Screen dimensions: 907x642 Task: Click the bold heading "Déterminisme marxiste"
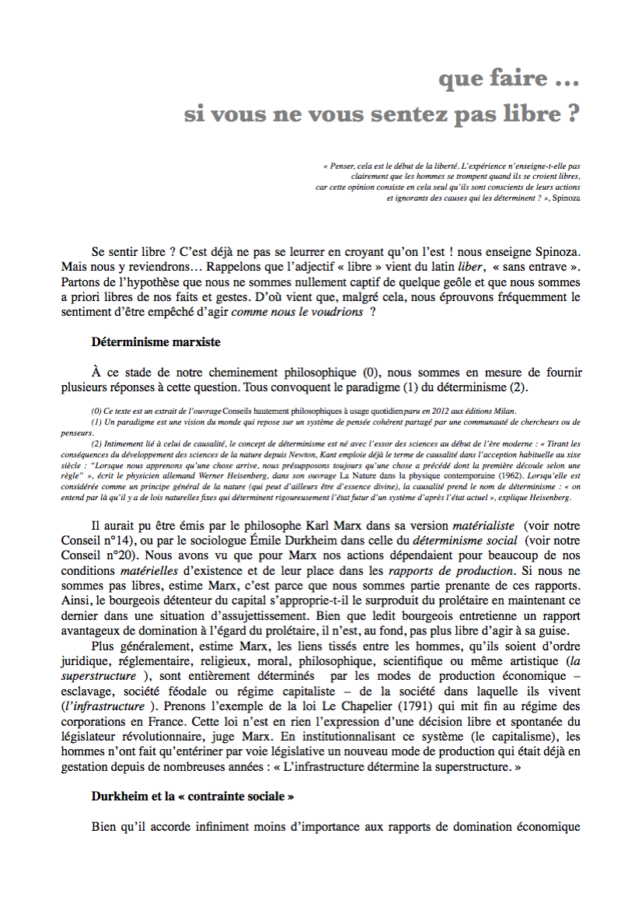155,341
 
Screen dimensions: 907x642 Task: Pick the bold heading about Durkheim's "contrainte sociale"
193,797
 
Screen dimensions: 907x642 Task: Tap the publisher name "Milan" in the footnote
502,411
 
